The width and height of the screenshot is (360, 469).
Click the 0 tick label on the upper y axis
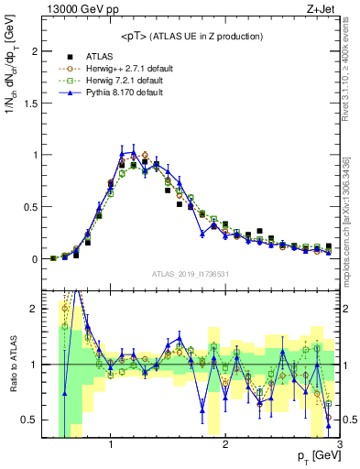(36, 259)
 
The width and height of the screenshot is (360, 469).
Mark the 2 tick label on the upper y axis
(36, 51)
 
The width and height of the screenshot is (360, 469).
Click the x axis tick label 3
(339, 444)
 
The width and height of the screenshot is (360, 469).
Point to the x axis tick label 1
(111, 444)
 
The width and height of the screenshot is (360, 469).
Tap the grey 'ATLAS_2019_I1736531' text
(189, 274)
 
